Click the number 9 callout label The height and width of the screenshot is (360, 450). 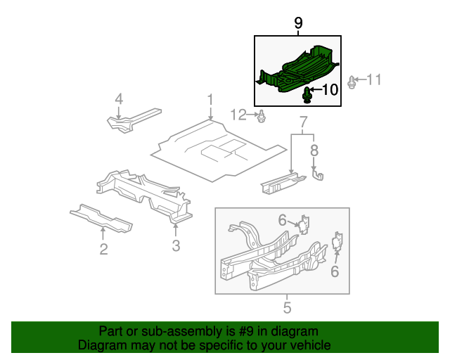[x=298, y=23]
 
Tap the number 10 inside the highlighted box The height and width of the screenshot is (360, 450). [x=330, y=89]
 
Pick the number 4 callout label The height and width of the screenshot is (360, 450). [x=119, y=99]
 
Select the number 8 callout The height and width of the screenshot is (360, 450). [x=314, y=150]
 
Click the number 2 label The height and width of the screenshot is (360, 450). [x=103, y=248]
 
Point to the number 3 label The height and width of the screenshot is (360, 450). [x=176, y=245]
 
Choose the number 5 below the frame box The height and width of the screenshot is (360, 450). [x=287, y=307]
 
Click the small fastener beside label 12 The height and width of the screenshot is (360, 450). [x=262, y=116]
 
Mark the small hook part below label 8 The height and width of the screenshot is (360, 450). [x=318, y=172]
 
